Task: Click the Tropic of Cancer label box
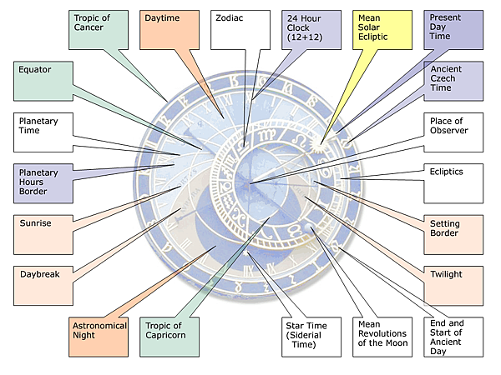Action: pos(99,30)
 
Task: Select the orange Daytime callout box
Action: pos(170,30)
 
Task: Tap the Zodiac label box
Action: pos(240,30)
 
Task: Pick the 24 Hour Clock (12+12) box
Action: pos(311,30)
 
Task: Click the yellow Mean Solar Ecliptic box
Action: pos(382,30)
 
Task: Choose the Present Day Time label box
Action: pos(453,30)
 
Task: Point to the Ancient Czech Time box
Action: pos(453,82)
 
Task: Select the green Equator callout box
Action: pos(43,82)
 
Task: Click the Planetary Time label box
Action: pos(43,132)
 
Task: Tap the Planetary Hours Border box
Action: pos(43,183)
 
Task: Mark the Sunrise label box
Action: pos(43,235)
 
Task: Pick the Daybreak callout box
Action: pos(43,286)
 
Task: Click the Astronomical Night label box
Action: pos(99,337)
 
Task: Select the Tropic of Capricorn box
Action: pos(170,337)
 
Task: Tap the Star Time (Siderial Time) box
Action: pos(311,337)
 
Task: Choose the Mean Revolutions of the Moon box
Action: pos(382,337)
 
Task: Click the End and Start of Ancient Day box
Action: pos(453,337)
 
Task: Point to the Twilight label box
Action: pos(453,286)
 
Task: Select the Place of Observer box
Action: pos(453,132)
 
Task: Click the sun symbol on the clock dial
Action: pos(320,145)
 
